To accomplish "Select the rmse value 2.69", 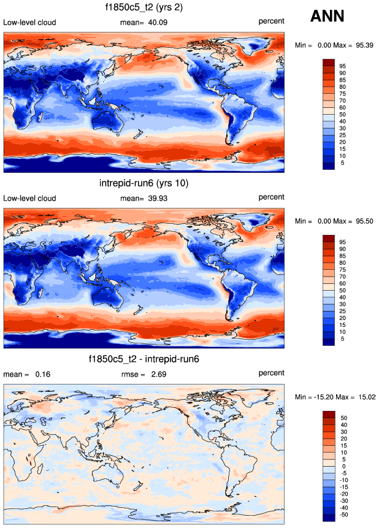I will pos(159,374).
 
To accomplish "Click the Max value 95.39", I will pos(364,45).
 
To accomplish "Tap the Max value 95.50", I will pos(364,220).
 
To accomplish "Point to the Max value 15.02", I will pos(366,396).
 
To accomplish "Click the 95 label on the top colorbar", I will pos(343,66).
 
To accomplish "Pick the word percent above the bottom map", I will pos(271,373).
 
